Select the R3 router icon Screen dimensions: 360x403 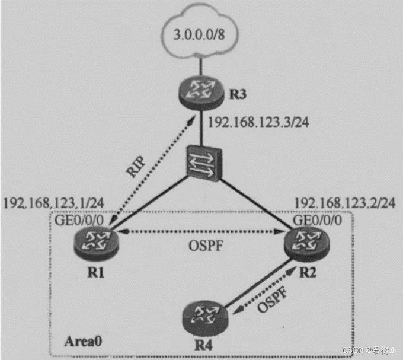click(x=201, y=91)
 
